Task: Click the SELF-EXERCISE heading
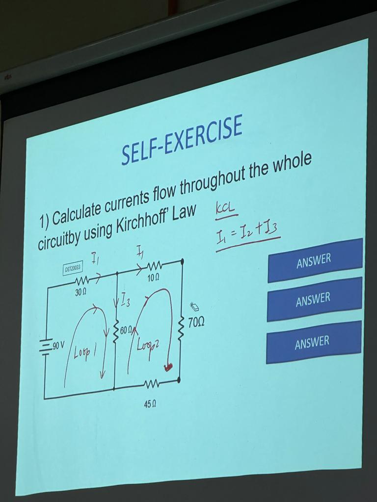(182, 140)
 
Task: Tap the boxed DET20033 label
(74, 268)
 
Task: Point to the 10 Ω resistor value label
(153, 278)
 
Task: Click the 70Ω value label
(196, 322)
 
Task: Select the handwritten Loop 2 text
(147, 343)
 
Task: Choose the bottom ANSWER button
(313, 343)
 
